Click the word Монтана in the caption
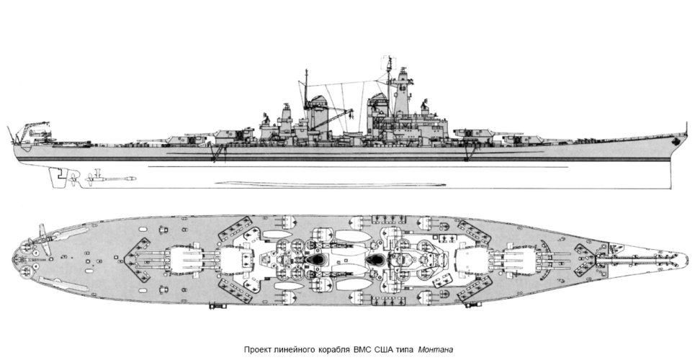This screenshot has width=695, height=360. tap(434, 349)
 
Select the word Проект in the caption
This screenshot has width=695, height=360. tap(257, 349)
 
